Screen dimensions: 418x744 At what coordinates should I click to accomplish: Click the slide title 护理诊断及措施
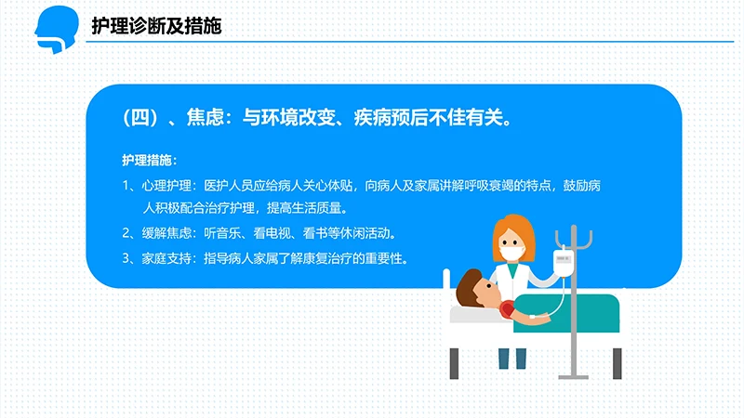(155, 26)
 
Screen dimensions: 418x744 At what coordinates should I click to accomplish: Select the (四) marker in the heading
(137, 118)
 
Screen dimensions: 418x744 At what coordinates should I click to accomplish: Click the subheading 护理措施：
(149, 159)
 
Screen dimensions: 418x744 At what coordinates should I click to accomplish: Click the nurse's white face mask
(510, 251)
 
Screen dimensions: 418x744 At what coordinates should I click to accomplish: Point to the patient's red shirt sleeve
(507, 310)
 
